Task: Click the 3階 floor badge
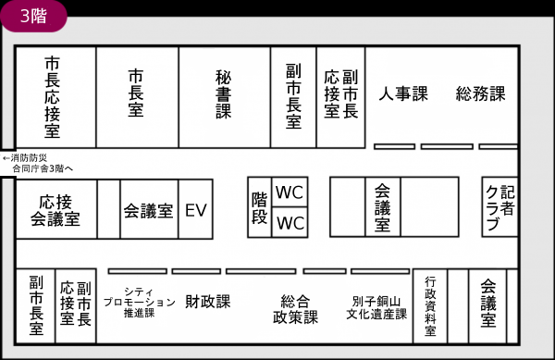tap(34, 15)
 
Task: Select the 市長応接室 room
tap(55, 96)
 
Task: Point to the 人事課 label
tap(403, 93)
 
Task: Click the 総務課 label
tap(481, 93)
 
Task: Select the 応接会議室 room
tap(55, 210)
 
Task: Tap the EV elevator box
tap(195, 210)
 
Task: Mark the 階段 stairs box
tap(260, 208)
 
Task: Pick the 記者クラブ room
tap(499, 208)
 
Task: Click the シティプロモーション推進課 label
tap(139, 302)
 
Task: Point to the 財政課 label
tap(208, 302)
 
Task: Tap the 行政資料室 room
tap(430, 306)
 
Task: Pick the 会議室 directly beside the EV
tap(148, 210)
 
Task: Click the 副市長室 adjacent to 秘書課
tap(293, 96)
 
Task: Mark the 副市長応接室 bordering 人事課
tap(340, 96)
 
